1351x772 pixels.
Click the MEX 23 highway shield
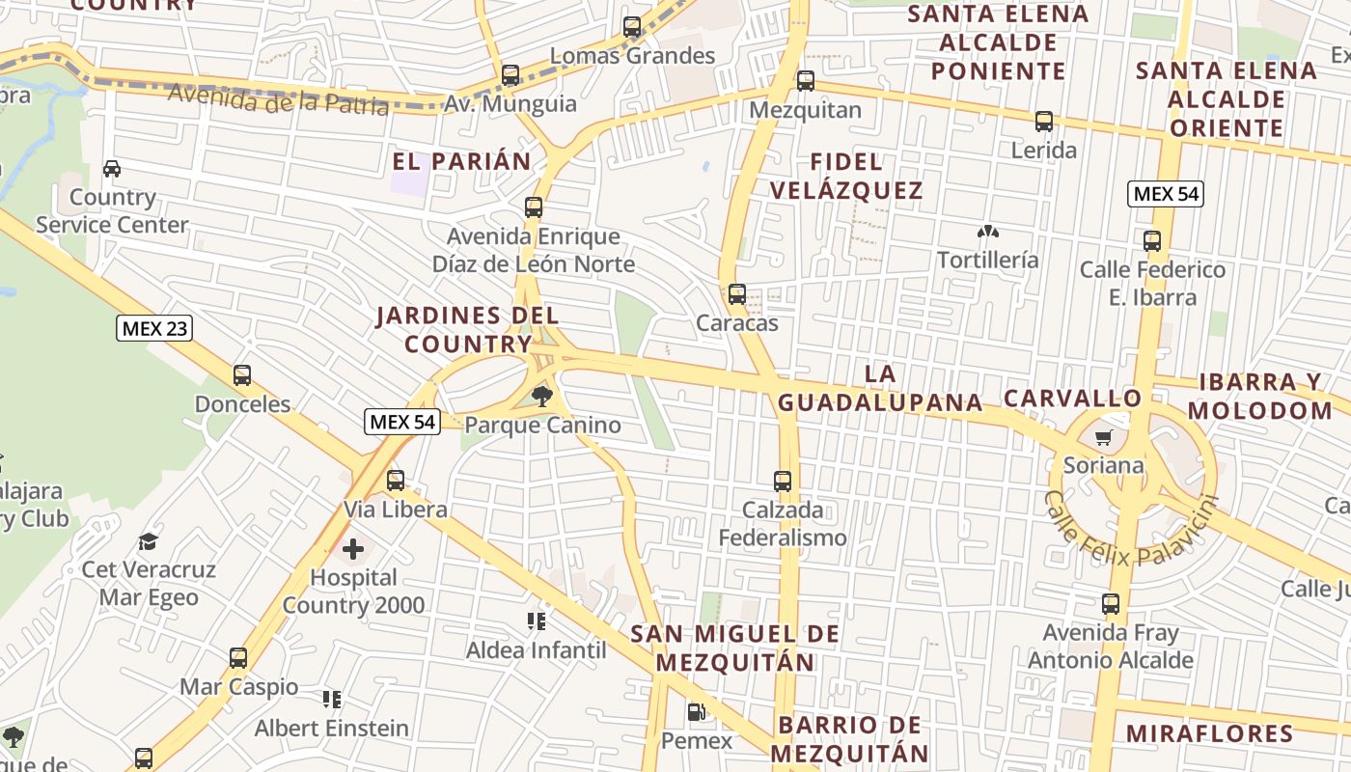click(x=154, y=328)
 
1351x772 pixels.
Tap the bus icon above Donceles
click(x=242, y=375)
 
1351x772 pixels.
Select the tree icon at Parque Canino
click(x=542, y=396)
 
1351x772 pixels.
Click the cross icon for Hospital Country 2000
click(x=353, y=549)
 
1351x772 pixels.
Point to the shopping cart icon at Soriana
click(x=1103, y=437)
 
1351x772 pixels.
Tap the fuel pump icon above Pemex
click(x=696, y=713)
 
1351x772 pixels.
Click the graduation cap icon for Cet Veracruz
click(x=148, y=541)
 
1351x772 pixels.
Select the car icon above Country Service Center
click(x=112, y=169)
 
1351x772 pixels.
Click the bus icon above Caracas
click(x=737, y=294)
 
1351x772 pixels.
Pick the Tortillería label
click(x=988, y=260)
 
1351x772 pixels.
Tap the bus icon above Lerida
click(x=1044, y=122)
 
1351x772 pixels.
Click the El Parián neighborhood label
click(x=462, y=161)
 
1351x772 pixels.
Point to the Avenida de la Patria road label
click(x=278, y=98)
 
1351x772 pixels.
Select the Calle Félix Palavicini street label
click(x=1131, y=530)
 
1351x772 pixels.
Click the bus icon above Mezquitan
click(x=806, y=81)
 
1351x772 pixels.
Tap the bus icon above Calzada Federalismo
click(x=783, y=481)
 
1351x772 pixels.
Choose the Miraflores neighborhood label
click(x=1209, y=732)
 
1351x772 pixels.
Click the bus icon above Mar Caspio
click(x=238, y=658)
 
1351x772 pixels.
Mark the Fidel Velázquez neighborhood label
click(x=847, y=176)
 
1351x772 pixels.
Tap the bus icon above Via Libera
click(x=396, y=481)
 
